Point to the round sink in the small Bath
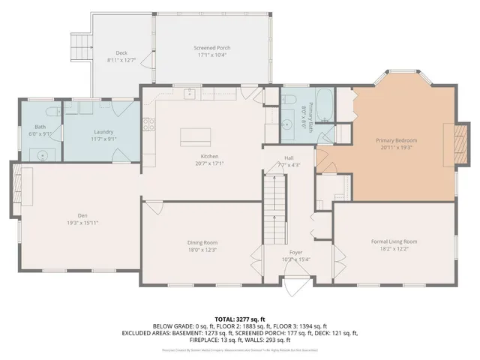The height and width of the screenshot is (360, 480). click(43, 153)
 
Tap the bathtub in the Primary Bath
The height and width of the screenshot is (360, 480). click(325, 106)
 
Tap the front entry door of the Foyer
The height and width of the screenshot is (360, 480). click(299, 286)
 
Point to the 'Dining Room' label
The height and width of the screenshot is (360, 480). click(202, 242)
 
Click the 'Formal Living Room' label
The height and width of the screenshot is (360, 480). click(394, 241)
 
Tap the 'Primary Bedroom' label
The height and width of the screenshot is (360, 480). click(395, 140)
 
